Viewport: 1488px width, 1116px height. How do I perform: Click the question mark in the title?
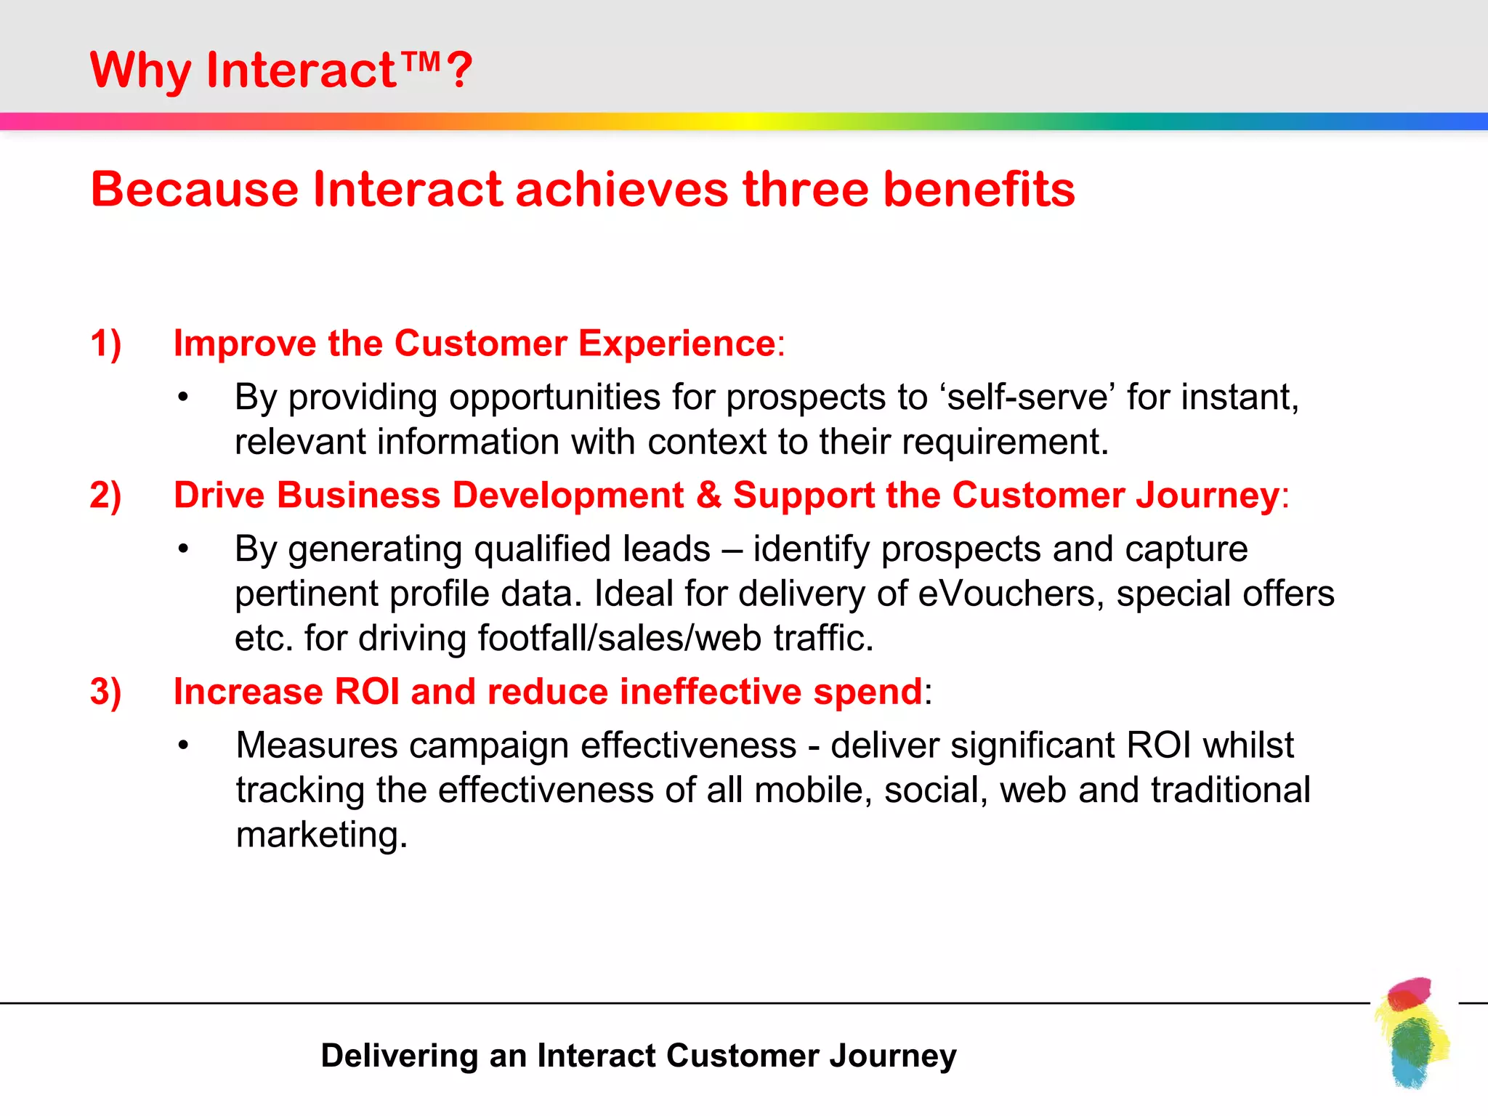coord(459,71)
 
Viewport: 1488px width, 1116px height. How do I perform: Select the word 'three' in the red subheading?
coord(805,190)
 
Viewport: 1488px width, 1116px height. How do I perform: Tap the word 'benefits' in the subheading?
coord(979,190)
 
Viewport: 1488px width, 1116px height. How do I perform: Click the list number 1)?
coord(106,344)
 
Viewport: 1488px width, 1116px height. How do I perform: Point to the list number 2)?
coord(106,496)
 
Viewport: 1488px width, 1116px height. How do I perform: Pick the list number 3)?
coord(106,692)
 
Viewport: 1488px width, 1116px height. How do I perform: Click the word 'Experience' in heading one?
coord(676,344)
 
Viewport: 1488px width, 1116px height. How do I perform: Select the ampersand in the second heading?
coord(708,496)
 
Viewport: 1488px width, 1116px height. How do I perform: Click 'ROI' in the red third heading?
coord(367,692)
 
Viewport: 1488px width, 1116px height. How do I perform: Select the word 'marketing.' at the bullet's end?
coord(322,835)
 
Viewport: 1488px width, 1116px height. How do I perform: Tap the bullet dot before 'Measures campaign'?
coord(183,746)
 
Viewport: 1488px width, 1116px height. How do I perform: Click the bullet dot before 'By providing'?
coord(183,398)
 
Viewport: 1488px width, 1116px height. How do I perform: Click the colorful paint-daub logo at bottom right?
coord(1412,1032)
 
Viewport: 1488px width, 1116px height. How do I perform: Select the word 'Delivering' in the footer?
coord(399,1056)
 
